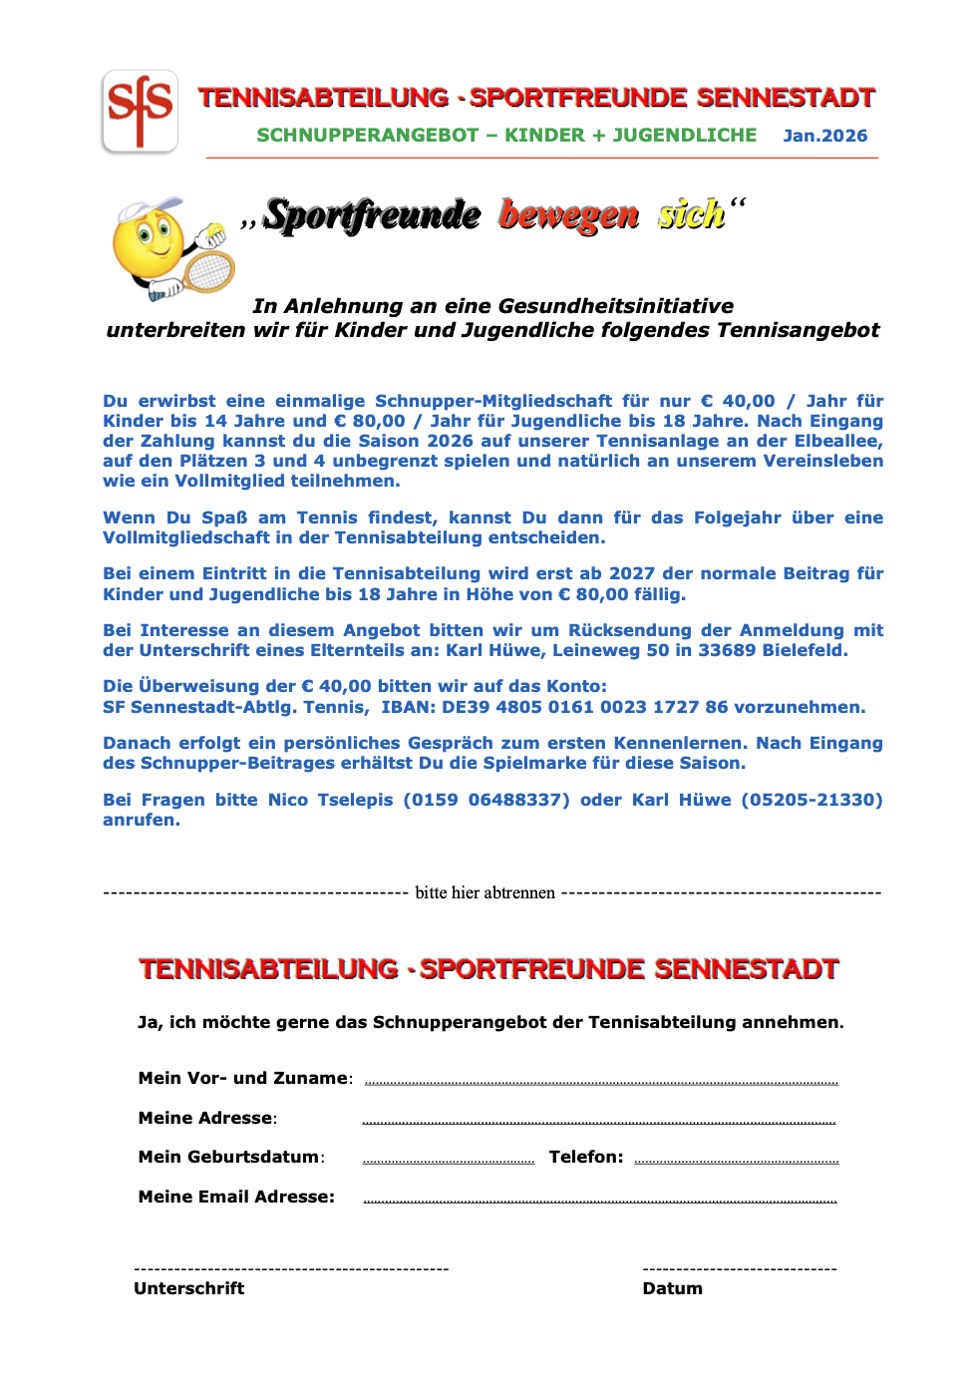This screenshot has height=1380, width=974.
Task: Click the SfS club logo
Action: (140, 111)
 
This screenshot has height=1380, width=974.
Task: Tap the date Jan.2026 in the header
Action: (824, 136)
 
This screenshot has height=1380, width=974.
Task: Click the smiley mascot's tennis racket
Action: (208, 268)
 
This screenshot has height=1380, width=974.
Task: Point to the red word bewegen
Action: (568, 214)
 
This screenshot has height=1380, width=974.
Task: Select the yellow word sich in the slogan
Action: (691, 214)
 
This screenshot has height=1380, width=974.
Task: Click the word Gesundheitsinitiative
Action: (615, 306)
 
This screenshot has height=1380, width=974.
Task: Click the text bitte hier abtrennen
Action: (485, 892)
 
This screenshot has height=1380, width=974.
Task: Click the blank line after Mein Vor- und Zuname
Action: (601, 1082)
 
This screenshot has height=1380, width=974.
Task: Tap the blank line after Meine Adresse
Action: (598, 1122)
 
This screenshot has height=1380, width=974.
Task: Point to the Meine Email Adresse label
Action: (236, 1197)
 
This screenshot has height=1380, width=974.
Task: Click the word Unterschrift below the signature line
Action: (188, 1288)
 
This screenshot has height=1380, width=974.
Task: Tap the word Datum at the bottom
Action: (672, 1288)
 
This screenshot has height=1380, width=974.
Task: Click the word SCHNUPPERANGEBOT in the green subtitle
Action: (367, 136)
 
